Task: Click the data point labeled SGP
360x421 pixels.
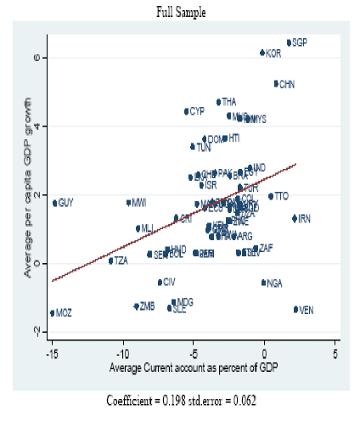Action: pyautogui.click(x=289, y=42)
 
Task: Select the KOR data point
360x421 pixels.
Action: pyautogui.click(x=262, y=53)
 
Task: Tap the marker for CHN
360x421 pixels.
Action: pyautogui.click(x=276, y=83)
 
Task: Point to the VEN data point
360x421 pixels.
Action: pyautogui.click(x=295, y=310)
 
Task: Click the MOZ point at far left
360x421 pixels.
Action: pyautogui.click(x=53, y=312)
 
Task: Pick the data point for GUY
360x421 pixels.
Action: pyautogui.click(x=54, y=203)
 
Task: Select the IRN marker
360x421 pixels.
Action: pyautogui.click(x=295, y=218)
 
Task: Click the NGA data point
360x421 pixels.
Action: pyautogui.click(x=263, y=283)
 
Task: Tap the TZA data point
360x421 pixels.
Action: pyautogui.click(x=110, y=261)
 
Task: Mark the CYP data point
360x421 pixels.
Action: pyautogui.click(x=186, y=111)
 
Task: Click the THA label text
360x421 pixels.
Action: pyautogui.click(x=229, y=102)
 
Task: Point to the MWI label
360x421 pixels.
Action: pyautogui.click(x=139, y=203)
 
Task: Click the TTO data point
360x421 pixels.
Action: pyautogui.click(x=271, y=196)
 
